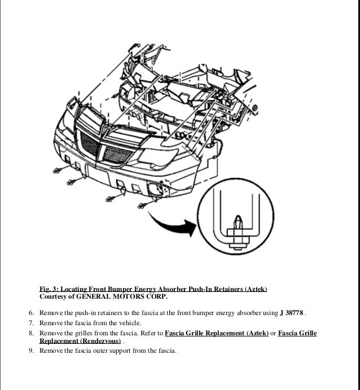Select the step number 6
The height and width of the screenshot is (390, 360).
(31, 313)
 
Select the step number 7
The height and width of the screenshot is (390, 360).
(31, 323)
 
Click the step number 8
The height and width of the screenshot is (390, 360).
(31, 333)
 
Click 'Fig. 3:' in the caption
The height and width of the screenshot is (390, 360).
(49, 289)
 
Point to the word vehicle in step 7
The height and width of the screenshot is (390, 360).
(132, 323)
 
